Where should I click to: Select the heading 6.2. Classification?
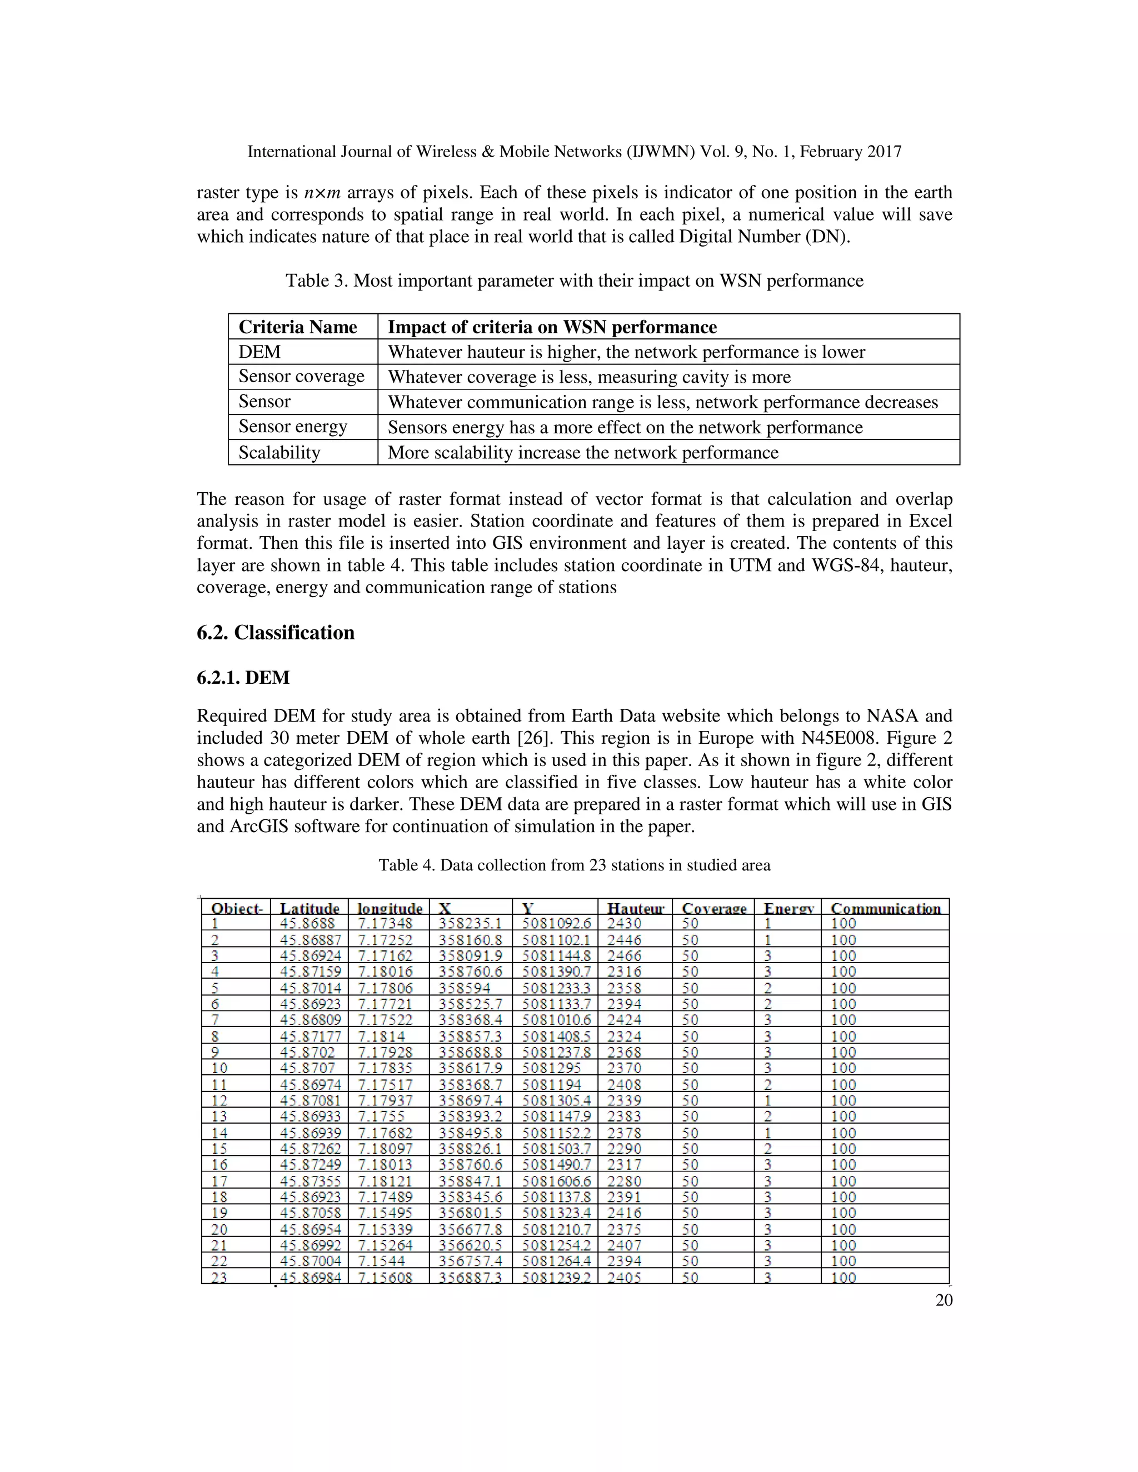coord(275,632)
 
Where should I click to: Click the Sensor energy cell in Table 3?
coord(293,427)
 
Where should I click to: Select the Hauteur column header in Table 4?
coord(635,908)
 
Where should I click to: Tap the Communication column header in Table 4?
coord(885,908)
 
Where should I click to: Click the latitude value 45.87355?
coord(310,1181)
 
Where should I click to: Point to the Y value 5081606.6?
coord(556,1181)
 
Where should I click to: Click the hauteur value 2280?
coord(623,1181)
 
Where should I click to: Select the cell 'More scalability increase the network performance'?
coord(582,452)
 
